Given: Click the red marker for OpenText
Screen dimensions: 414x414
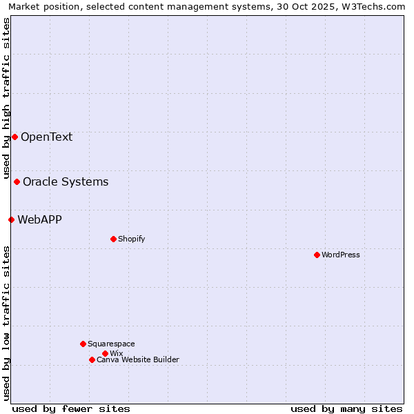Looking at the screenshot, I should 14,137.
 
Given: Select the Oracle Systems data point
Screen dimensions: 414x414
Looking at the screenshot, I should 17,181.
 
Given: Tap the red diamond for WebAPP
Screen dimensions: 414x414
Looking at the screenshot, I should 11,219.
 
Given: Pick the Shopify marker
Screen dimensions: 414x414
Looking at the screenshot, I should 113,239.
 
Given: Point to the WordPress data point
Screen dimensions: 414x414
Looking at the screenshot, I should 317,255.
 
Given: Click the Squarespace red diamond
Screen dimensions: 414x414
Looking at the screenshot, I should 83,344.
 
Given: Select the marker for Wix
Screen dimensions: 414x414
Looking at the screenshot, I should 105,353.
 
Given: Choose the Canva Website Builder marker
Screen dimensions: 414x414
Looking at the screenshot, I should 92,359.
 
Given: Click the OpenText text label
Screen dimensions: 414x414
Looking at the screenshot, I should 46,137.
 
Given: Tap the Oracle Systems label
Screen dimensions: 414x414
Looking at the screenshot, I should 66,181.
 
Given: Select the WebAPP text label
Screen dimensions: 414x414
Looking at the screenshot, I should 39,219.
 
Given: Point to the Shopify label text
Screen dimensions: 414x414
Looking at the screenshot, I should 131,239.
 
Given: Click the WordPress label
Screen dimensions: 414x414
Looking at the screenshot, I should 341,255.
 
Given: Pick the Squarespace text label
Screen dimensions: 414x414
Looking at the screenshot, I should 111,344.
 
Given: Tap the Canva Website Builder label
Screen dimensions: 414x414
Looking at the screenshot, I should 138,359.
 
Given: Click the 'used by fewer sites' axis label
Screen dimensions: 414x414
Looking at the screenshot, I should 71,408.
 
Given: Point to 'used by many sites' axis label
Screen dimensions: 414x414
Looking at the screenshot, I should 346,408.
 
